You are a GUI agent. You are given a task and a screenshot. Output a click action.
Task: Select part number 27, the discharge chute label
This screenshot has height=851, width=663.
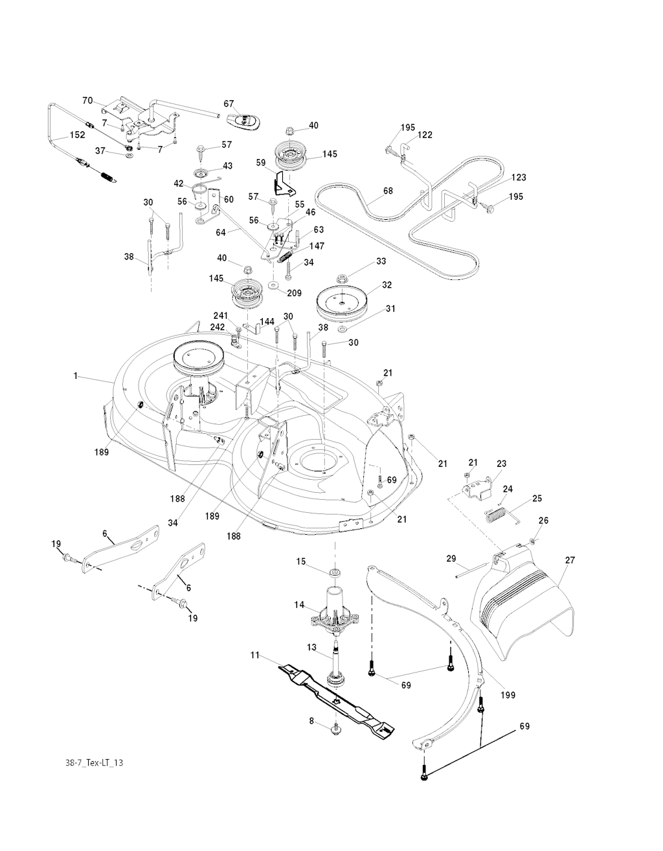click(x=570, y=561)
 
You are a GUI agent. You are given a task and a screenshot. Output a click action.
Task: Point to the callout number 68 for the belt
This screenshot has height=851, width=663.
click(x=388, y=191)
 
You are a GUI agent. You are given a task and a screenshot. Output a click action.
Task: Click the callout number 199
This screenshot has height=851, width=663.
click(x=508, y=695)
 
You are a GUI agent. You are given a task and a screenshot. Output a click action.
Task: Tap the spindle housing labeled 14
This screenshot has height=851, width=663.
click(x=335, y=611)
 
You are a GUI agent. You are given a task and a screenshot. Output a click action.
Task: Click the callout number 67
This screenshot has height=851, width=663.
click(x=229, y=103)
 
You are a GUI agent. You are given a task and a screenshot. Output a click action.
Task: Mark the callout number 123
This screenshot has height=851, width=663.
click(x=519, y=178)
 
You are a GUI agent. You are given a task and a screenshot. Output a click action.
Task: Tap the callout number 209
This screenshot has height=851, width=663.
click(x=295, y=293)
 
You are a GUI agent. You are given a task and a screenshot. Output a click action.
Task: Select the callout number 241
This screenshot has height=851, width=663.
click(x=221, y=316)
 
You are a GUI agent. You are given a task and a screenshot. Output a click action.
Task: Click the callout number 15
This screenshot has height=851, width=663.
click(x=301, y=561)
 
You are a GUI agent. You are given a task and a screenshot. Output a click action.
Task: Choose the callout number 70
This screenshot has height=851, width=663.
click(x=87, y=100)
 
